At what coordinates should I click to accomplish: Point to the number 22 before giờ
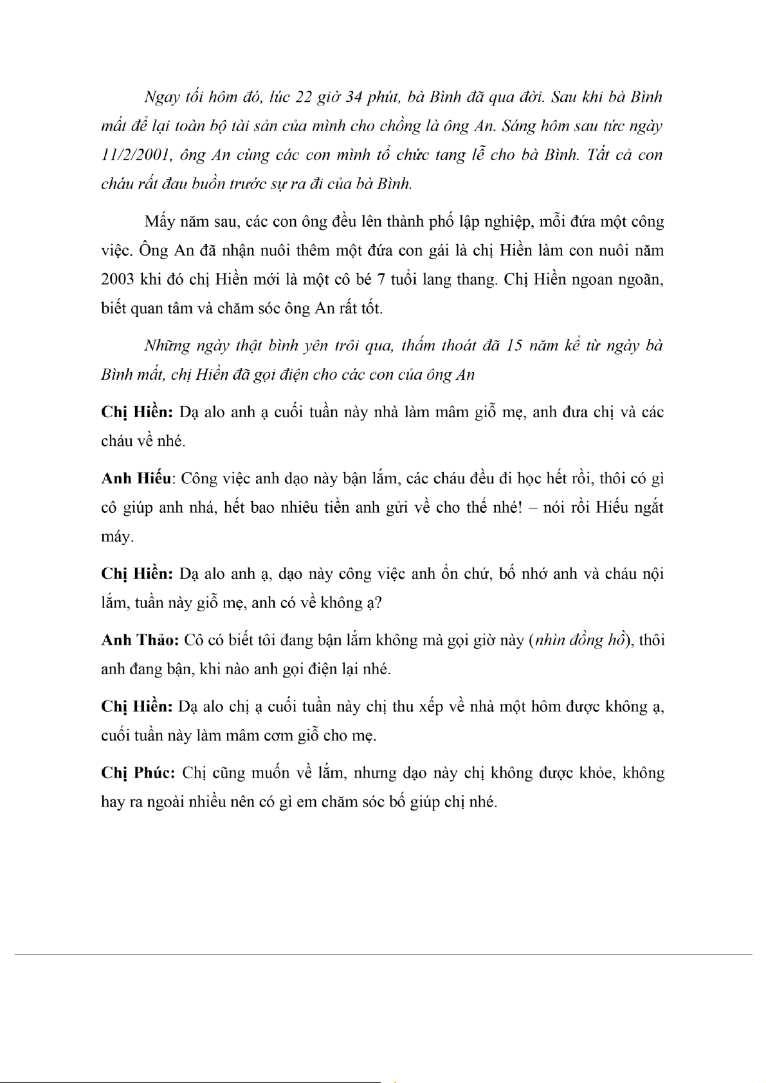click(x=303, y=97)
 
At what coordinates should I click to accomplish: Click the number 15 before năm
click(x=515, y=346)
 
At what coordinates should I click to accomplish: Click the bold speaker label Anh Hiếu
click(x=136, y=478)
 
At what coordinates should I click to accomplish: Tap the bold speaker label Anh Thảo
click(x=139, y=640)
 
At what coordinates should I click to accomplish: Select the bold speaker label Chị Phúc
click(x=137, y=773)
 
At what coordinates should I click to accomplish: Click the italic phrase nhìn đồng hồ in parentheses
click(x=579, y=640)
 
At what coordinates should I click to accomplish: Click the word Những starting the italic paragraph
click(x=165, y=346)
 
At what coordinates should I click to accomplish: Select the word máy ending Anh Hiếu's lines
click(x=116, y=537)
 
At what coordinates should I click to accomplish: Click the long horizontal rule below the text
click(x=383, y=954)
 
